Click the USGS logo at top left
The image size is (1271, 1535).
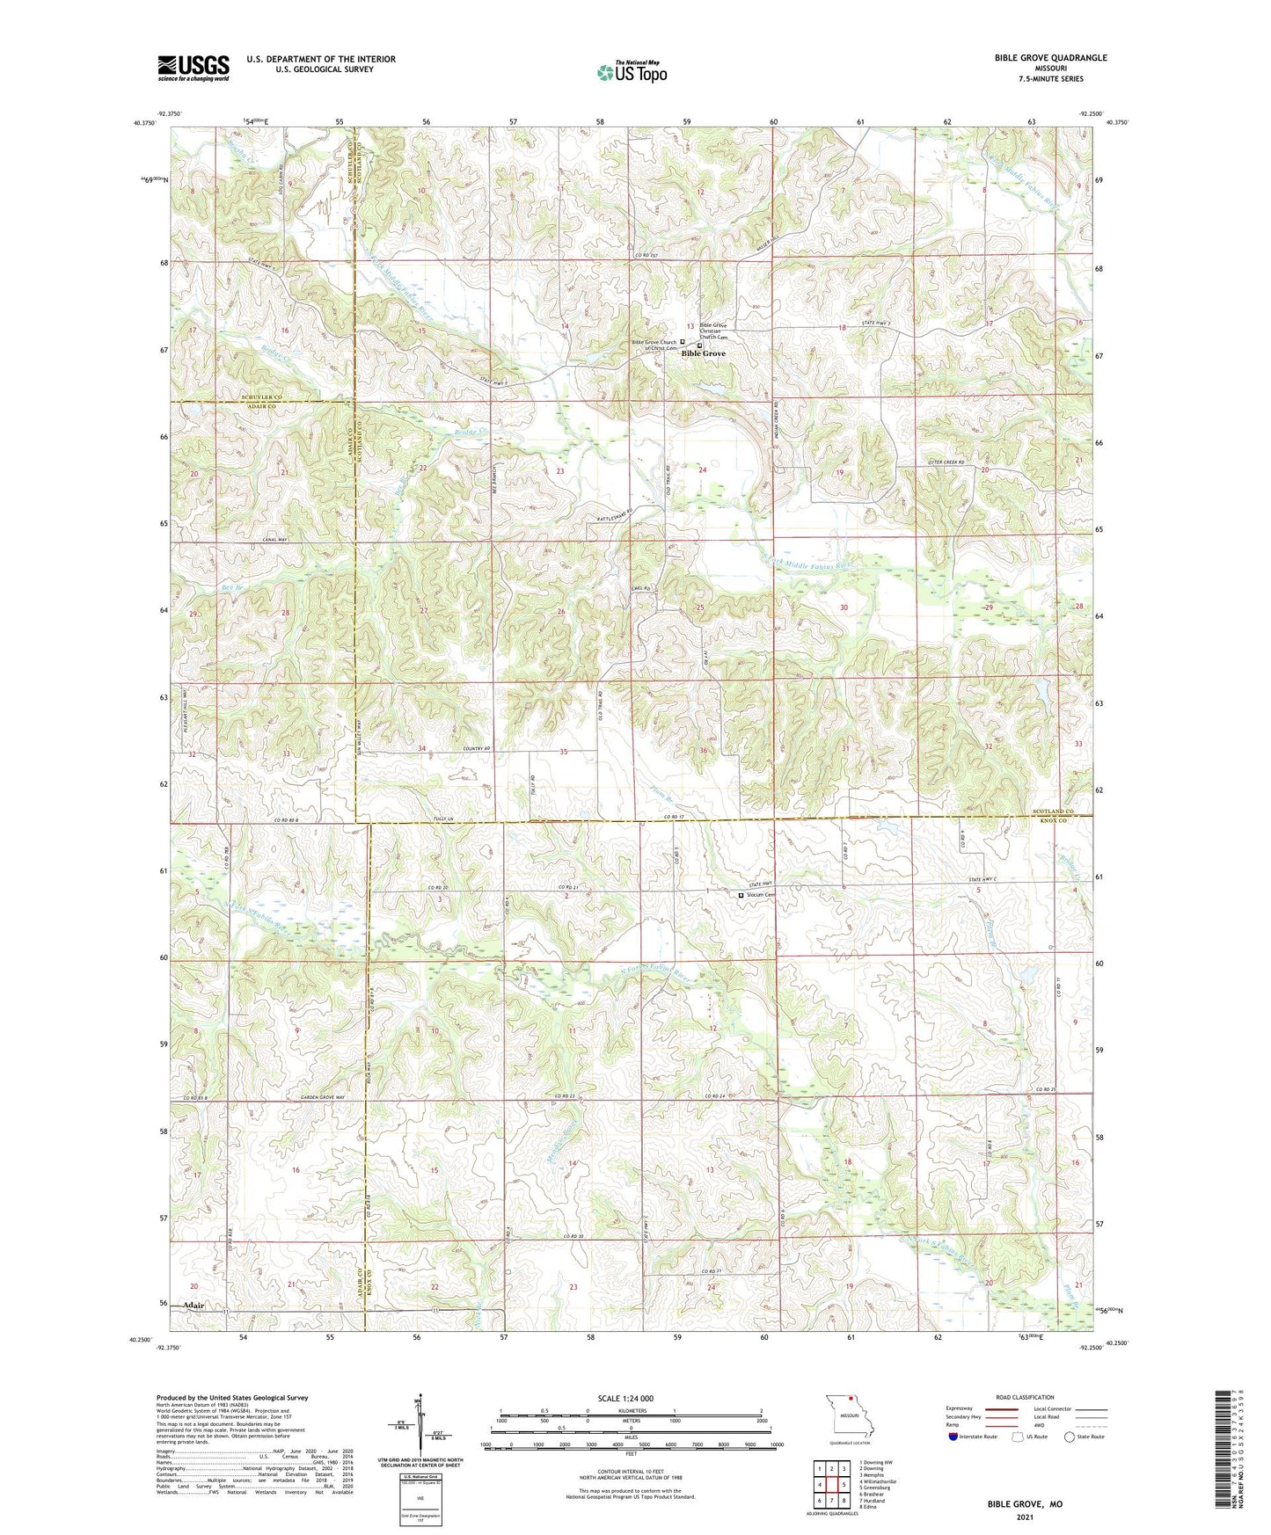click(194, 68)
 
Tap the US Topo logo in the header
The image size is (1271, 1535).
click(631, 72)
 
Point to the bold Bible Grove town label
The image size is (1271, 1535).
click(704, 353)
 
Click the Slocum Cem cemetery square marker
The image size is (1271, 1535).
click(741, 895)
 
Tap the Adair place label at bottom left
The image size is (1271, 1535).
click(194, 1306)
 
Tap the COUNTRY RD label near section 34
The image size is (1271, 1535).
click(475, 748)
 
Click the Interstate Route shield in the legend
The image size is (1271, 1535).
click(953, 1437)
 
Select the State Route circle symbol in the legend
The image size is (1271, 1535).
click(1070, 1437)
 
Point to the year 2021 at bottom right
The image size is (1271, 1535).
click(1025, 1517)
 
